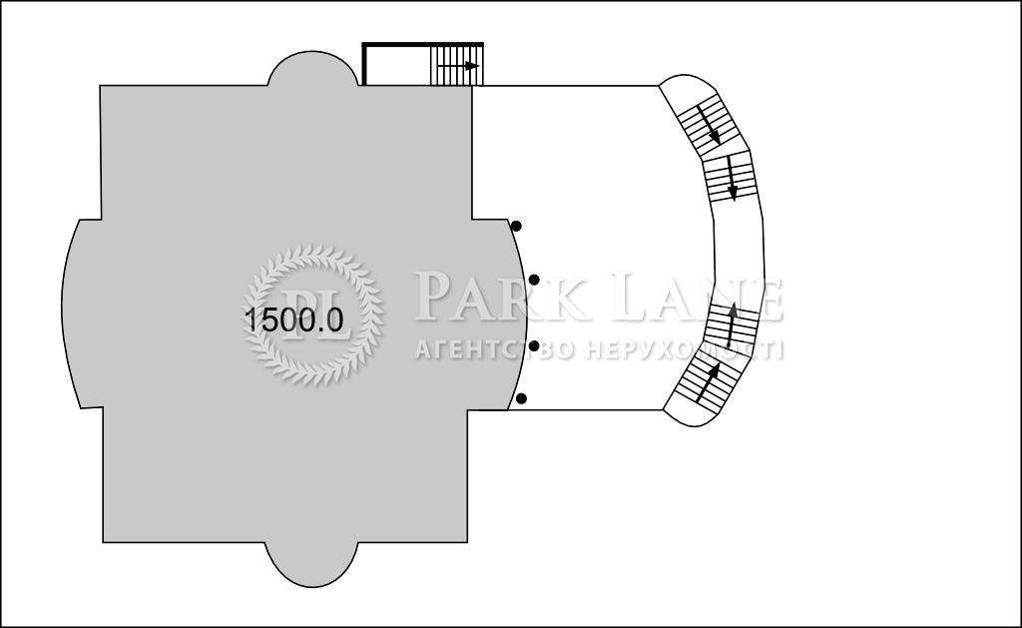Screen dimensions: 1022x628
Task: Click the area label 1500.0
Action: coord(293,320)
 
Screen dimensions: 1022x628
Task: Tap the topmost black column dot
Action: coord(516,227)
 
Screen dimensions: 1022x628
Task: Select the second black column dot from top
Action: coord(534,280)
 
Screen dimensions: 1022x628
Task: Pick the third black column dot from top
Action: coord(533,345)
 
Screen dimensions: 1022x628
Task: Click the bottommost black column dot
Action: coord(521,398)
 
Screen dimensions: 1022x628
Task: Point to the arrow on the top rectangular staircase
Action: coord(458,65)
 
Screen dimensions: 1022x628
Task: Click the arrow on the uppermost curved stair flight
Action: coord(707,124)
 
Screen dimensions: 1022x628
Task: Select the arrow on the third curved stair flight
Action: coord(732,325)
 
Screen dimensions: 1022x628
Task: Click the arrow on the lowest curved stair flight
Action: coord(709,382)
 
